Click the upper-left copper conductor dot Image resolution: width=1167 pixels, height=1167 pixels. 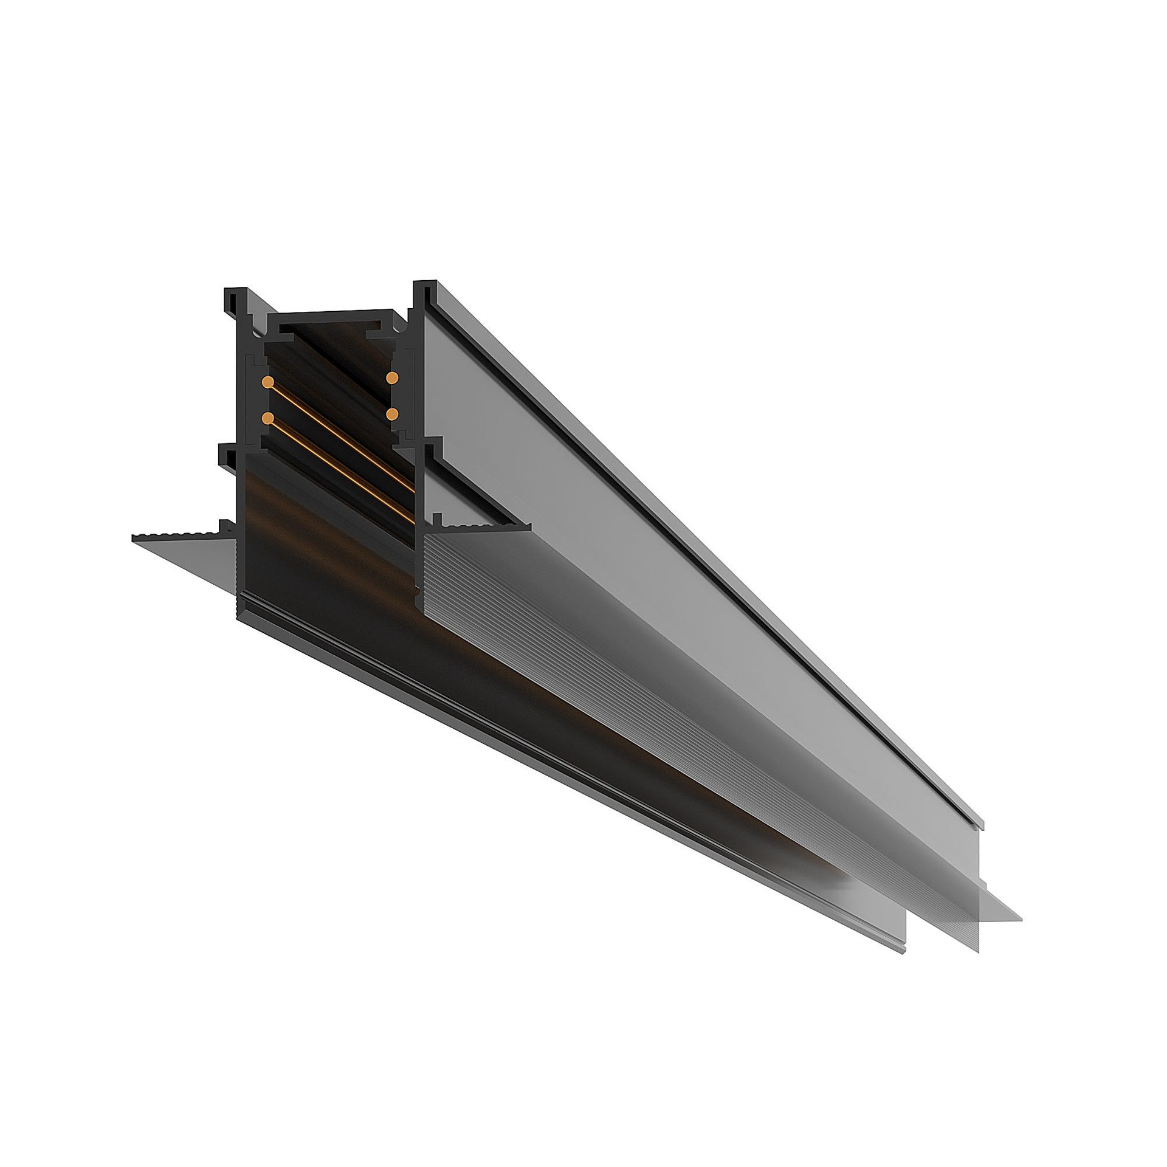tap(267, 382)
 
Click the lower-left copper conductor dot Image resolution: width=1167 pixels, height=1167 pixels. tap(267, 418)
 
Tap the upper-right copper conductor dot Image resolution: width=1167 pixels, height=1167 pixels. tap(392, 377)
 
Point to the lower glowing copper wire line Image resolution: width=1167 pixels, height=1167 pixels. tap(340, 462)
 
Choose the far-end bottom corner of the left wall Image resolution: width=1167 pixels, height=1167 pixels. tap(904, 951)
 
